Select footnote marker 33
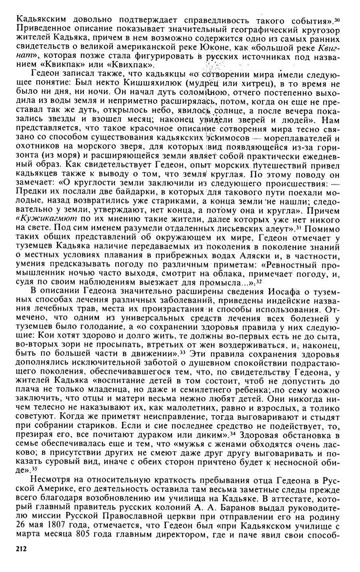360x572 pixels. (182, 352)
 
